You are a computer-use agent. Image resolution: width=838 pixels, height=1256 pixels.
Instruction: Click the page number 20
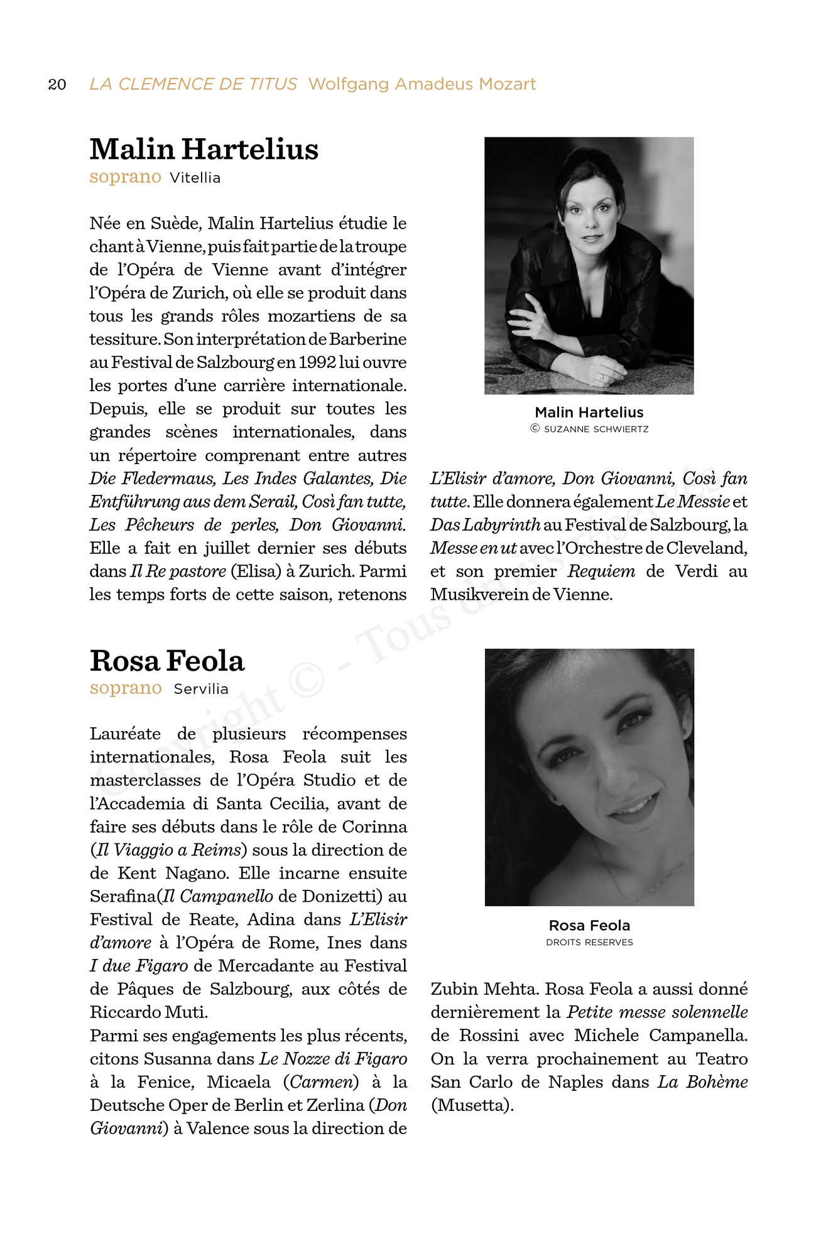(x=57, y=84)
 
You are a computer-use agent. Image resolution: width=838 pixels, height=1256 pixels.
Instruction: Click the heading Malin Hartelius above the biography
(x=204, y=149)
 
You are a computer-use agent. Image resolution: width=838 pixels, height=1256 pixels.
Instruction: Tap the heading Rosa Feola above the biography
(x=166, y=661)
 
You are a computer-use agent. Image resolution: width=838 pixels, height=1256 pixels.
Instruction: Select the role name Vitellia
(x=195, y=178)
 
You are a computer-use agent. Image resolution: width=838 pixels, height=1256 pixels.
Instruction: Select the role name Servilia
(x=201, y=689)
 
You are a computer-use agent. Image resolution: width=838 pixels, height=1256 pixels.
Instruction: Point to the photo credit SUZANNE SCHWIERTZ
(x=596, y=429)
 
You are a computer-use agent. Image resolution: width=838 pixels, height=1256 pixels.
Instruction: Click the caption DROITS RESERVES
(x=589, y=942)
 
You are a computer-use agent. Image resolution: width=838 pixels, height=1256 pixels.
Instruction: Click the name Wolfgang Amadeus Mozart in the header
(x=422, y=84)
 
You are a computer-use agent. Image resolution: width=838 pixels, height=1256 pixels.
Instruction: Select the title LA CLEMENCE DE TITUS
(x=193, y=84)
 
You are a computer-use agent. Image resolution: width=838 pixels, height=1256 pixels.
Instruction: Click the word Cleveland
(x=707, y=548)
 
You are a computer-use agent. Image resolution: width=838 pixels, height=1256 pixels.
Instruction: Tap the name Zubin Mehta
(x=484, y=988)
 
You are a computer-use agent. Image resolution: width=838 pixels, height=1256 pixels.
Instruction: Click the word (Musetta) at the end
(x=472, y=1105)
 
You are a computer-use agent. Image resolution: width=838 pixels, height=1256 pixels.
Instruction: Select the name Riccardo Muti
(x=148, y=1012)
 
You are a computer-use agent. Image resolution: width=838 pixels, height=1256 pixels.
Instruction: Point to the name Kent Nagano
(x=165, y=873)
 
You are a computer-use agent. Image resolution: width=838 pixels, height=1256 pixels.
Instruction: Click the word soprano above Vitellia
(x=126, y=177)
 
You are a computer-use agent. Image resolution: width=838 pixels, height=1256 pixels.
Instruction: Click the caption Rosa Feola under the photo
(x=589, y=925)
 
